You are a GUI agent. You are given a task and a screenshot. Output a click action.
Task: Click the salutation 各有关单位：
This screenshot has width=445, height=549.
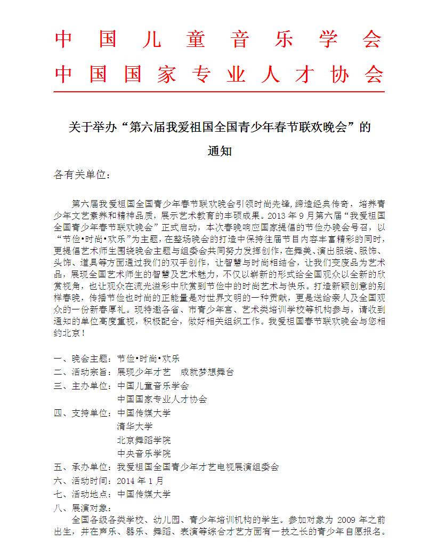[x=82, y=175]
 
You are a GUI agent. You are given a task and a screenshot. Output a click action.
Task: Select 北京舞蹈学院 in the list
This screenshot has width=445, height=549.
[x=144, y=440]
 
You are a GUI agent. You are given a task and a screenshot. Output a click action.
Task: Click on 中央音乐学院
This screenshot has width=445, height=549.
[x=144, y=453]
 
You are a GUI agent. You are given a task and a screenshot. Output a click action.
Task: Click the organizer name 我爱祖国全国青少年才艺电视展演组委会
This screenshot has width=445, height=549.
[x=198, y=467]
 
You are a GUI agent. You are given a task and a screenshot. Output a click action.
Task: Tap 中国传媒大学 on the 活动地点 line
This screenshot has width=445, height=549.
[x=144, y=494]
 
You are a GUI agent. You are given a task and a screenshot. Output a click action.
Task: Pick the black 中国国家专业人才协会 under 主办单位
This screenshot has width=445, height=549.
[x=162, y=399]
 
